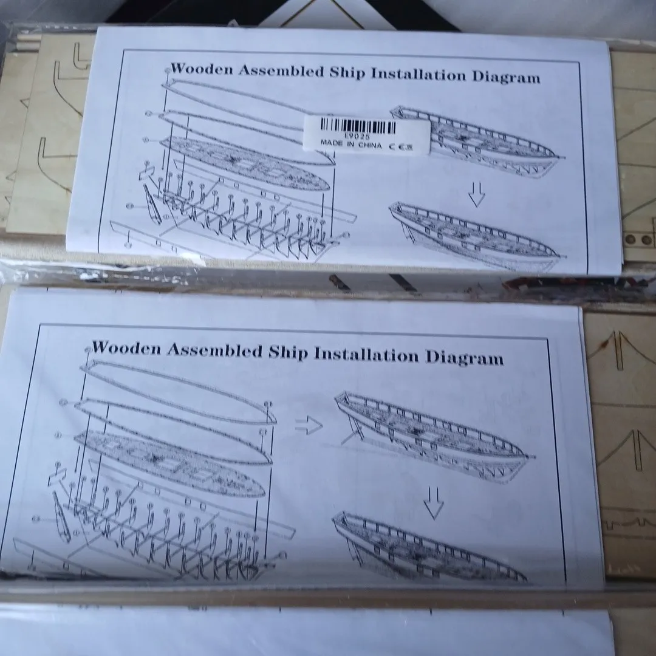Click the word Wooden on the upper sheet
pos(202,69)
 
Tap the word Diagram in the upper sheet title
pos(506,77)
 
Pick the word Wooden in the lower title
pos(126,348)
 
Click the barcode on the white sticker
pos(358,126)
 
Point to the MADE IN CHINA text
pos(351,145)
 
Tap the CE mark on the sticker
pos(401,146)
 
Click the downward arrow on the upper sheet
pos(477,194)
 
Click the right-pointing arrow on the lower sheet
pos(309,425)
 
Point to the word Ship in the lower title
pos(288,353)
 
